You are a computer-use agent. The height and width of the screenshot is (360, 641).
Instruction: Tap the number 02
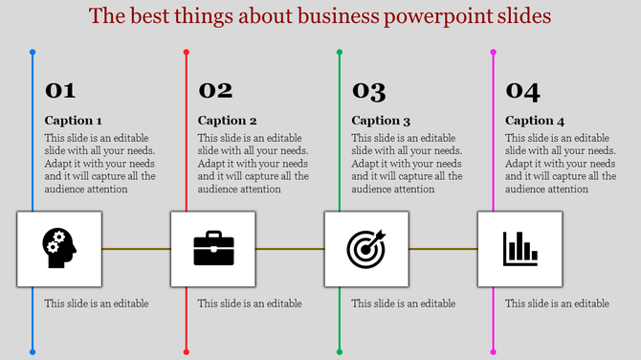(x=215, y=91)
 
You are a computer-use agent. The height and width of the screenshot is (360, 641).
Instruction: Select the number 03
(x=368, y=91)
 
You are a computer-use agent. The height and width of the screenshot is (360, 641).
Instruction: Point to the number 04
(x=522, y=91)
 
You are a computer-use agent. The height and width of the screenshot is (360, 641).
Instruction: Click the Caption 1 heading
(x=74, y=121)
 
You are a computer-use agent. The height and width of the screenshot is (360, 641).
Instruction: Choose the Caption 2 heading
(x=228, y=121)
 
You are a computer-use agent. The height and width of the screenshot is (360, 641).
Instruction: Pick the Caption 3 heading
(x=381, y=121)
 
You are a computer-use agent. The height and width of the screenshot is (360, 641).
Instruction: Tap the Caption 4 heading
(x=535, y=121)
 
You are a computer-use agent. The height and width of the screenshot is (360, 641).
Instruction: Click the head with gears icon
(x=58, y=249)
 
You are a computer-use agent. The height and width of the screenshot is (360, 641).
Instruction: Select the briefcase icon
(x=213, y=249)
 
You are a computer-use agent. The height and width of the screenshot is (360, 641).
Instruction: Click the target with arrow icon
(x=366, y=249)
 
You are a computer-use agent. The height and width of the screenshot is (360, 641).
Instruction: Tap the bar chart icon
(x=520, y=249)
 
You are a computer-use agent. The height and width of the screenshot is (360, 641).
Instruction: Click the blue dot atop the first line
(x=33, y=52)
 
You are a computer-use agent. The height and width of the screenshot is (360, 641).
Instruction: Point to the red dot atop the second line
(x=186, y=52)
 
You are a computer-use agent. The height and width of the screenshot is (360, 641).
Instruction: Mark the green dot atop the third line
(x=340, y=52)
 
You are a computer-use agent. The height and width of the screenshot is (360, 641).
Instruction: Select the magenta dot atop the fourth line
(x=494, y=52)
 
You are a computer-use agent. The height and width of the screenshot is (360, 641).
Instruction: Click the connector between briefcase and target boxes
(x=289, y=249)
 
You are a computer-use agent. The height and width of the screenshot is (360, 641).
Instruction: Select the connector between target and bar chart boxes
(x=443, y=249)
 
